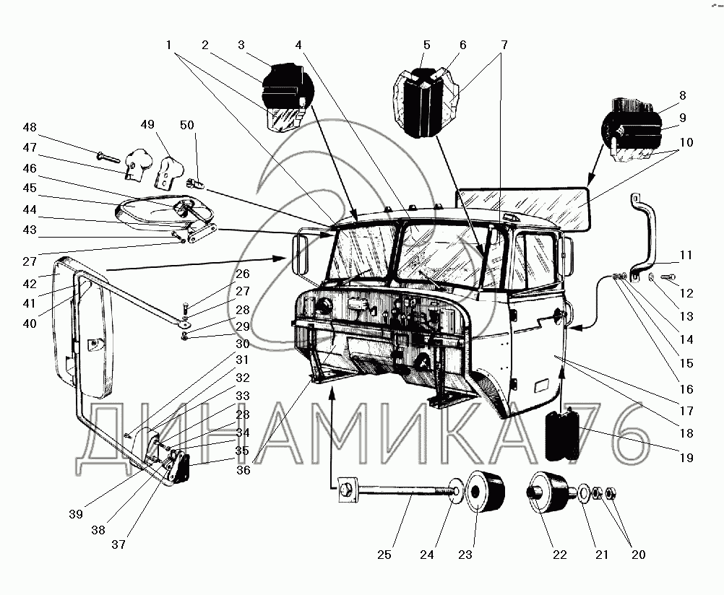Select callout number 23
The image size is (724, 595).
tap(465, 555)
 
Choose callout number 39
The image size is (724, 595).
tap(77, 514)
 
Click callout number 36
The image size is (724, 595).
tap(243, 470)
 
